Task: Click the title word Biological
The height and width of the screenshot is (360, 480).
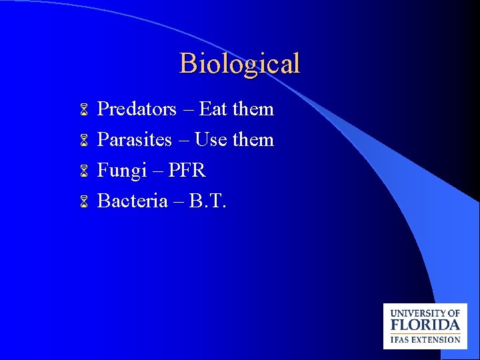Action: coord(239,64)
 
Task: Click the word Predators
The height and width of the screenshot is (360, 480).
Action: coord(137,109)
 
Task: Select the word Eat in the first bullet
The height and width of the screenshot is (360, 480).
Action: coord(213,109)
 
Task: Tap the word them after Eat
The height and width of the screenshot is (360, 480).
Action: coord(253,109)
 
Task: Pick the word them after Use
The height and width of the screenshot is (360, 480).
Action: coord(253,140)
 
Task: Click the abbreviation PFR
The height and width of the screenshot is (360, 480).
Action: coord(187,171)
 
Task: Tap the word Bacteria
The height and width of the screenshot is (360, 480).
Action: coord(132,201)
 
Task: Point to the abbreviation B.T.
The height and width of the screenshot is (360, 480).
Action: coord(208,201)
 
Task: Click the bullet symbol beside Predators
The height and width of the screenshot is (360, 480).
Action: coord(84,109)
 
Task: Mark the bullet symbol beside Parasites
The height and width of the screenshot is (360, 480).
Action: coord(84,141)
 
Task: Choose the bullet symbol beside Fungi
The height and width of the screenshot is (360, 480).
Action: coord(84,171)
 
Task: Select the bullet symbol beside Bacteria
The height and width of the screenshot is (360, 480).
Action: coord(84,201)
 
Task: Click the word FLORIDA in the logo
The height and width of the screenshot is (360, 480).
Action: coord(425,326)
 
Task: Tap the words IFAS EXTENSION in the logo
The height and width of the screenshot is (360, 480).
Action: coord(425,339)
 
